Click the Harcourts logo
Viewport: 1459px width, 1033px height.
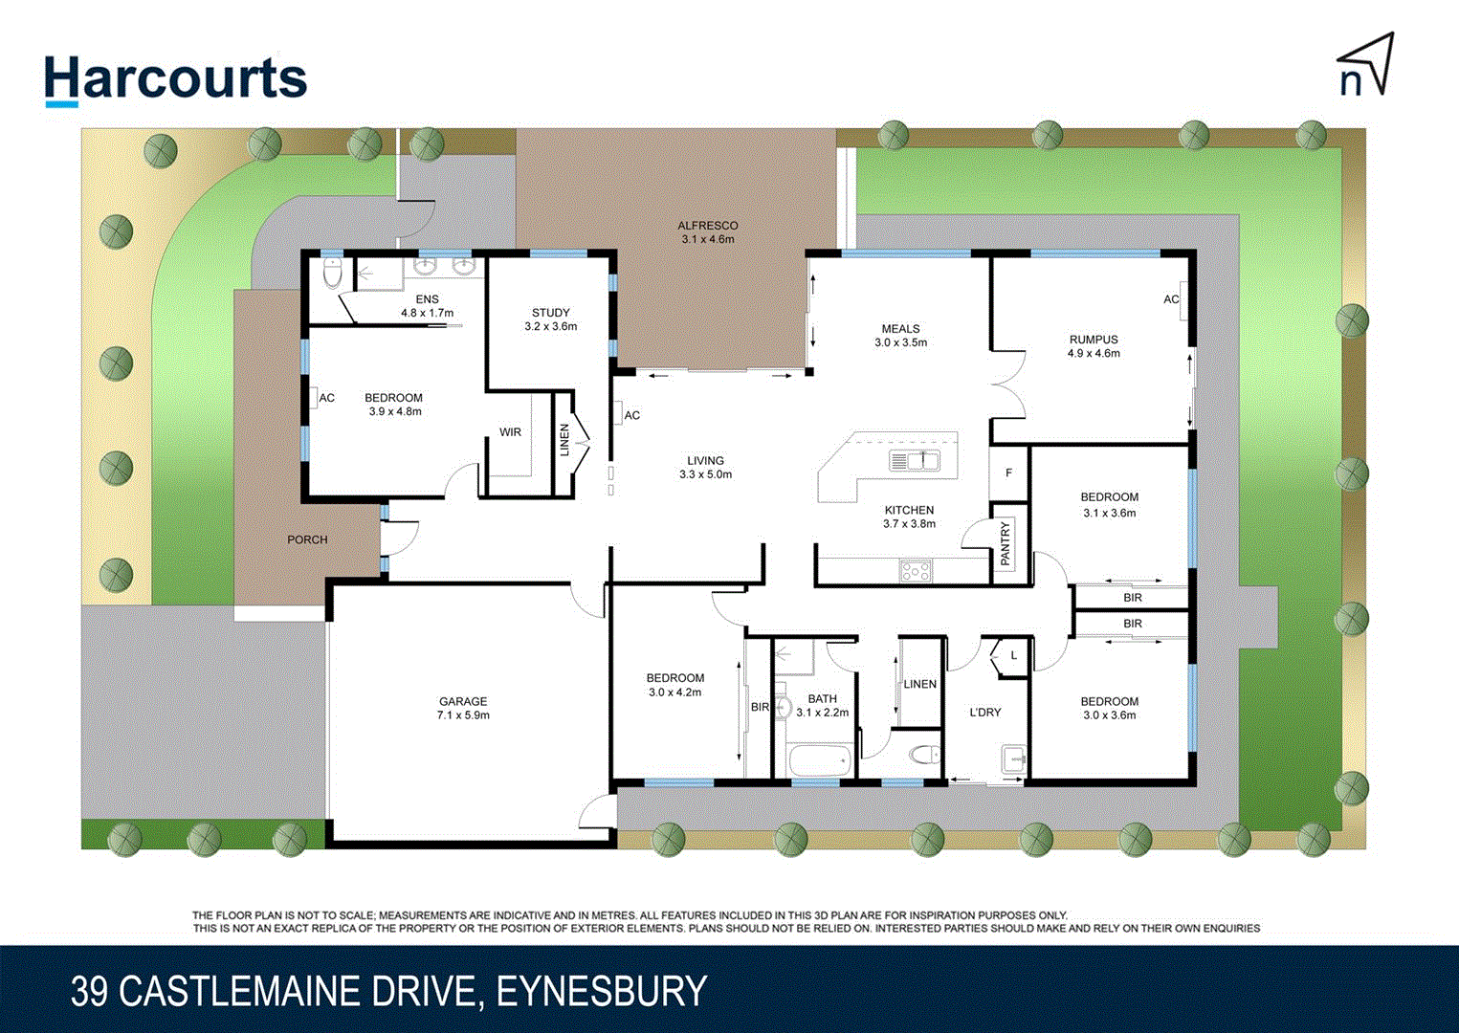pos(176,78)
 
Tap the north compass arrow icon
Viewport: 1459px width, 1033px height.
pos(1365,65)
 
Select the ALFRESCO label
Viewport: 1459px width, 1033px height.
pos(708,226)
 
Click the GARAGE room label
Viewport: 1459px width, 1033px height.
pos(463,701)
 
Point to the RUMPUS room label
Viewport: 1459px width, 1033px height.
pos(1094,340)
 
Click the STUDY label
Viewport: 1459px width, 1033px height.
pos(551,313)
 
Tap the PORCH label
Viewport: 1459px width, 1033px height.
pos(307,539)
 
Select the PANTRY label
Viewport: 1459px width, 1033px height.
pos(1006,543)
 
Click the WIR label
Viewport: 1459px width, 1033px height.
pos(510,432)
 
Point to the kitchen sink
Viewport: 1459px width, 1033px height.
pos(915,461)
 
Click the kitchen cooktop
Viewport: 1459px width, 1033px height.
pos(916,572)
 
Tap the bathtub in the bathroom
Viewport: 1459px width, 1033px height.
pos(820,762)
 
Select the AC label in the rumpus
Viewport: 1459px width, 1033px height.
pos(1171,299)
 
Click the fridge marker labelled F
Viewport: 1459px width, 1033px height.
pos(1008,473)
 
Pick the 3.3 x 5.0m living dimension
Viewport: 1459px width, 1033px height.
pos(705,474)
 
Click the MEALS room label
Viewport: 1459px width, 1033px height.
pos(900,328)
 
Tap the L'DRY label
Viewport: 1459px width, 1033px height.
pos(985,713)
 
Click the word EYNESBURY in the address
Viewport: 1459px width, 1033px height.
pos(602,991)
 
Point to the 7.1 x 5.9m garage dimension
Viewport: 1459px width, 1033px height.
pos(463,715)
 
